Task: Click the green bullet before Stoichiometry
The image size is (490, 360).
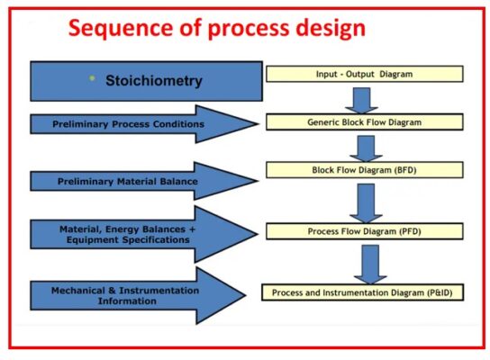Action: pyautogui.click(x=91, y=79)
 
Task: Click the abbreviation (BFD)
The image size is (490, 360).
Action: pyautogui.click(x=401, y=169)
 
